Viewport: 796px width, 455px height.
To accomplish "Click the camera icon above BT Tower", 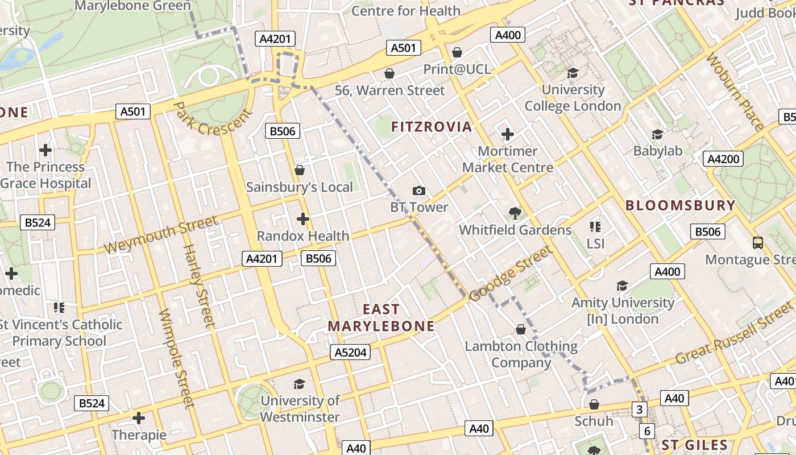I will (419, 191).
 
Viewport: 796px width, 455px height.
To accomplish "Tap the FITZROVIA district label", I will (432, 127).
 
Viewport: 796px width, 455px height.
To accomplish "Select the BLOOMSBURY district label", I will (681, 205).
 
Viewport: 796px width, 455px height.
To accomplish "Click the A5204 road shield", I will (350, 353).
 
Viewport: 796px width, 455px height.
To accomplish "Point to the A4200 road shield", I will (723, 159).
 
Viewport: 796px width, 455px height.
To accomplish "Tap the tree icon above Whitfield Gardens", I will (515, 213).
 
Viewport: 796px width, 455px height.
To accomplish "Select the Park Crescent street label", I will (212, 119).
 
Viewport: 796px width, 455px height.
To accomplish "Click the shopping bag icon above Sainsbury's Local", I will (300, 170).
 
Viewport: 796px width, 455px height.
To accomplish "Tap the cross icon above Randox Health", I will (303, 218).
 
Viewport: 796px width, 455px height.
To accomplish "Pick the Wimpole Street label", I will (176, 358).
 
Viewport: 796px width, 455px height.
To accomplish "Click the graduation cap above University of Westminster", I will (299, 384).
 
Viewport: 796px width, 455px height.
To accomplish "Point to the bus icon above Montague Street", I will (758, 243).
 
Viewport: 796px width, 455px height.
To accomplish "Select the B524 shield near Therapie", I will (92, 403).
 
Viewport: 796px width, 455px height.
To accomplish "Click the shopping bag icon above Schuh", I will (594, 404).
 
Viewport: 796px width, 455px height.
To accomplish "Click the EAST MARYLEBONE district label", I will (381, 317).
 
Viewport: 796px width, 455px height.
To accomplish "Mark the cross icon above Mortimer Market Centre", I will (508, 134).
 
